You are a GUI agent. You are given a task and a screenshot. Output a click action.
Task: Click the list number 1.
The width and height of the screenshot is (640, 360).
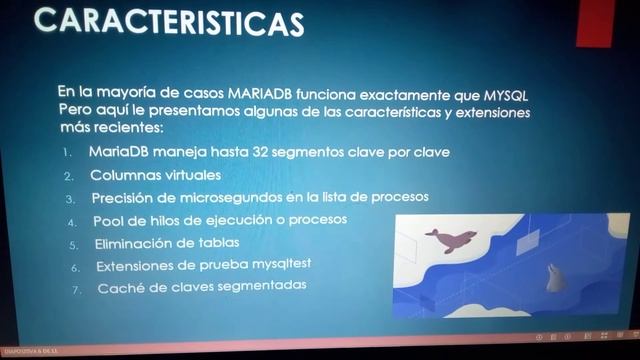pyautogui.click(x=65, y=153)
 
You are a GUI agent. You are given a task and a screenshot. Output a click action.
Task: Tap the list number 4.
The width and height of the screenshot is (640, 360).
pyautogui.click(x=71, y=221)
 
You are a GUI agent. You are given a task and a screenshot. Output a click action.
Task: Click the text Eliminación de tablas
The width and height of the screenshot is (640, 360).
pyautogui.click(x=167, y=243)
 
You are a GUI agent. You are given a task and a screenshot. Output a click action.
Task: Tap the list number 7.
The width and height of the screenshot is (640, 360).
pyautogui.click(x=75, y=290)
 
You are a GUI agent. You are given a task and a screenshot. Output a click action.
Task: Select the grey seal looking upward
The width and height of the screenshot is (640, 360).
pyautogui.click(x=553, y=277)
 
